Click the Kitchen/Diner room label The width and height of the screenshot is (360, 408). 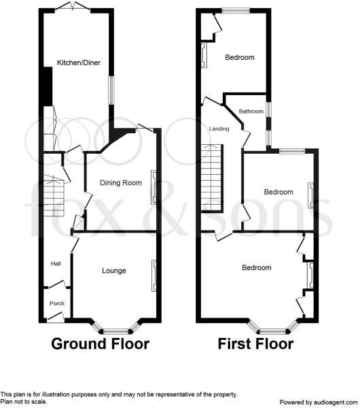click(79, 63)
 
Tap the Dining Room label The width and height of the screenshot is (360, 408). click(121, 183)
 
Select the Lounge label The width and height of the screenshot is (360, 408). click(114, 271)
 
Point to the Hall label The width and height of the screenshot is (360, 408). click(56, 264)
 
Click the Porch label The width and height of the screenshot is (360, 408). click(57, 303)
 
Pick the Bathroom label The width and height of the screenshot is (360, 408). click(251, 112)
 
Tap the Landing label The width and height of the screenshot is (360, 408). click(219, 129)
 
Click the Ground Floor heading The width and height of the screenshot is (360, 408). click(101, 343)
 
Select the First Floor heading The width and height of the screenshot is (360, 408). click(256, 343)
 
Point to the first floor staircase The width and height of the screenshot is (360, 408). click(213, 178)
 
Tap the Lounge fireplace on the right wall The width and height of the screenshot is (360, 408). click(154, 275)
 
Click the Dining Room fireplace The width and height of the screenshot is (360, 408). click(154, 188)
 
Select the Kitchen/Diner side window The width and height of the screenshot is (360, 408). click(111, 90)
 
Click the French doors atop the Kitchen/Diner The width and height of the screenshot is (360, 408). click(73, 7)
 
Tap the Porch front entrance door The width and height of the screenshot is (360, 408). click(56, 318)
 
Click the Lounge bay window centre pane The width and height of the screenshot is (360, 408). click(116, 332)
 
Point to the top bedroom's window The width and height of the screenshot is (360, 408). click(236, 11)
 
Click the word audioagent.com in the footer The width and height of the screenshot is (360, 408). click(336, 403)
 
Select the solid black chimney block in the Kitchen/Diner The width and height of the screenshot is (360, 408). click(48, 86)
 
